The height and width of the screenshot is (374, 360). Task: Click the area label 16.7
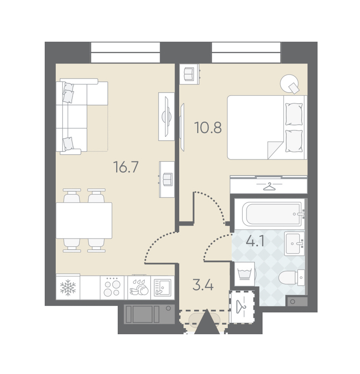click(126, 167)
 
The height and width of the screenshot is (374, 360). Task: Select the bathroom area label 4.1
click(255, 241)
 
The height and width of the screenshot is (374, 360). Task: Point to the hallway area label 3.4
click(203, 285)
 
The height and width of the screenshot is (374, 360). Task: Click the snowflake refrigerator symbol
click(68, 288)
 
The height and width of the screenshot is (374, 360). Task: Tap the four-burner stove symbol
click(112, 288)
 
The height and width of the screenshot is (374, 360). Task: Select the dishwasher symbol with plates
click(139, 288)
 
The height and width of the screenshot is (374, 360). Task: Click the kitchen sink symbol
click(162, 288)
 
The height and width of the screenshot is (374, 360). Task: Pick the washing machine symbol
click(244, 274)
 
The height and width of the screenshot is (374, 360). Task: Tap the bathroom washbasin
click(294, 243)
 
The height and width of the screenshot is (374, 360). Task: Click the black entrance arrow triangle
click(207, 322)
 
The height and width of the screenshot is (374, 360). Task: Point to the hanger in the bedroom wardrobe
click(269, 186)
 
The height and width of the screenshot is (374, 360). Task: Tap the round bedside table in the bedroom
click(289, 83)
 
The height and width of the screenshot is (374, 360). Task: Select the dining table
click(84, 220)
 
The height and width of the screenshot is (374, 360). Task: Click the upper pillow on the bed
click(294, 114)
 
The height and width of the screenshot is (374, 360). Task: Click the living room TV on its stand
click(166, 117)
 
